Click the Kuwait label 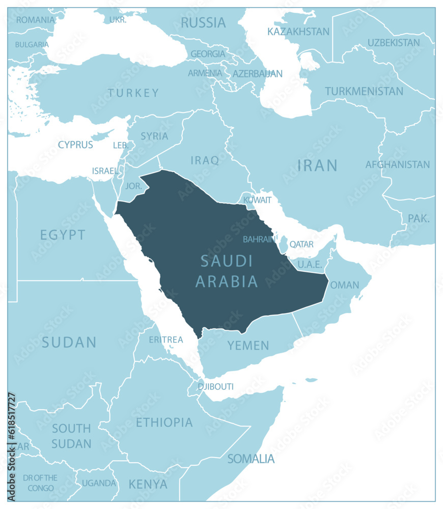tap(257, 200)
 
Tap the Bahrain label tap(259, 239)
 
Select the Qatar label tap(301, 244)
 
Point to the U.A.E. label tap(310, 264)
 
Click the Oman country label tap(345, 285)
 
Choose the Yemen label tap(248, 346)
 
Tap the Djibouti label tap(215, 387)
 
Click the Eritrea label tap(165, 340)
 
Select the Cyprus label tap(75, 145)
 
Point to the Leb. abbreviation tap(121, 146)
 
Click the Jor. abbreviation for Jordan tap(134, 186)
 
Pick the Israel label tap(105, 171)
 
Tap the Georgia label tap(207, 53)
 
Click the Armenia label tap(205, 73)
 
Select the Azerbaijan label tap(257, 74)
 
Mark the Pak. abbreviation tap(419, 218)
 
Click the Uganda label tap(99, 483)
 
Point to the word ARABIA tap(227, 281)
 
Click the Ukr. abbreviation tap(118, 19)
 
